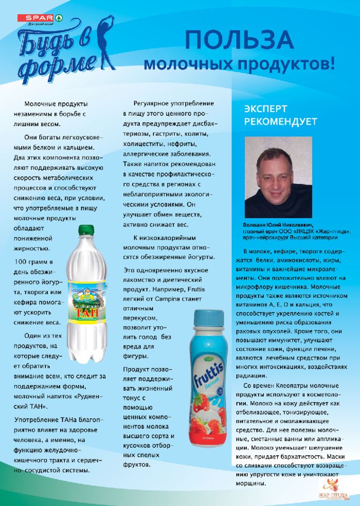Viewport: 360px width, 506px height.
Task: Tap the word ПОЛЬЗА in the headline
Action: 239,42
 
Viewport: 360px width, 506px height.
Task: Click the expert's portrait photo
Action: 279,178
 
